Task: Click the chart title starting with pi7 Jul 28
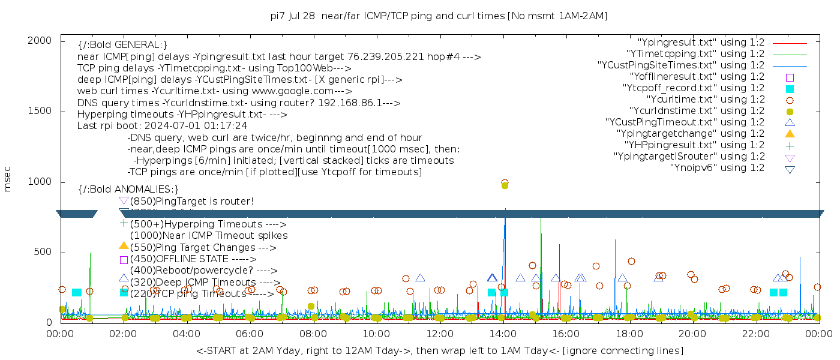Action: pyautogui.click(x=439, y=16)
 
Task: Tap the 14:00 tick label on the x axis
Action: pyautogui.click(x=502, y=334)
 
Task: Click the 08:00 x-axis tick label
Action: pyautogui.click(x=313, y=334)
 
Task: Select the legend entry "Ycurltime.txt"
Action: pyautogui.click(x=706, y=100)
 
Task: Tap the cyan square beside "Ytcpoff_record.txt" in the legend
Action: pyautogui.click(x=790, y=89)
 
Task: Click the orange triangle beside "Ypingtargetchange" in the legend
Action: pyautogui.click(x=790, y=134)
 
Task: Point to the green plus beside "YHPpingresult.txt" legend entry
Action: pyautogui.click(x=790, y=145)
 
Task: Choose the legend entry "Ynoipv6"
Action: pyautogui.click(x=717, y=168)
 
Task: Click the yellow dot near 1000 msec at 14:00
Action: pyautogui.click(x=505, y=185)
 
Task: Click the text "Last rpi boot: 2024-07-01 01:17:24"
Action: pyautogui.click(x=162, y=126)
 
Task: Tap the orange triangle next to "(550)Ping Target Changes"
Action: pyautogui.click(x=124, y=245)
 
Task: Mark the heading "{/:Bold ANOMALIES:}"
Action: pyautogui.click(x=128, y=190)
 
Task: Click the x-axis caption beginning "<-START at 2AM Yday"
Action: pyautogui.click(x=439, y=350)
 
